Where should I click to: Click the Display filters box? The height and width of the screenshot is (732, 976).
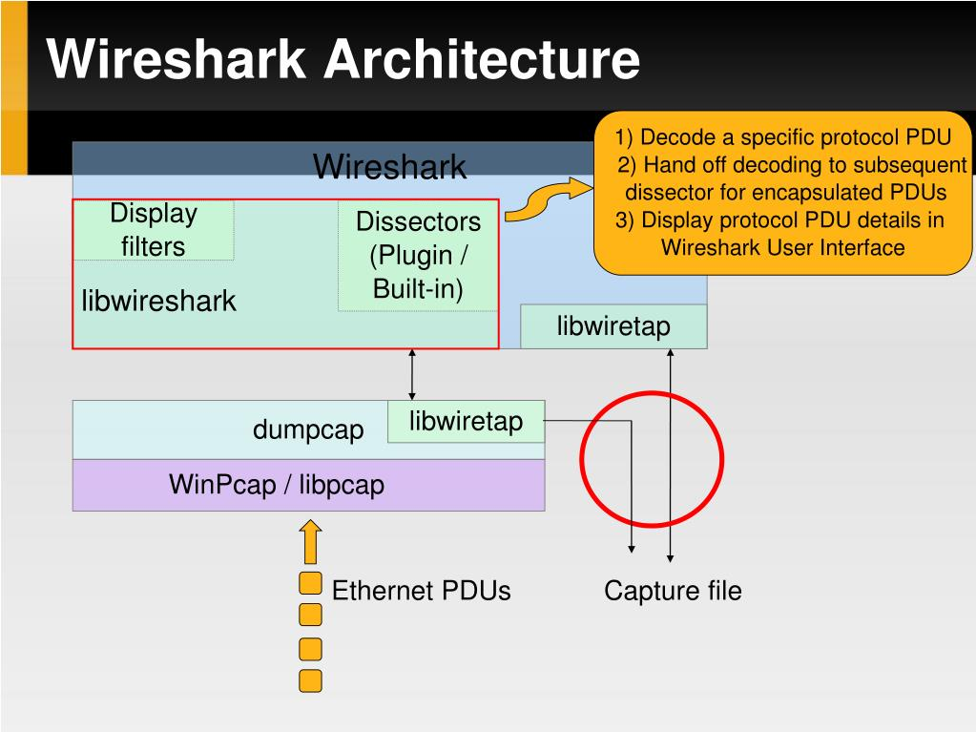click(153, 230)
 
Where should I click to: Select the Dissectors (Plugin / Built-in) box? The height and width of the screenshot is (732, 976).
click(418, 256)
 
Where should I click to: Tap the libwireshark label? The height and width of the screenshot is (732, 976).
click(158, 302)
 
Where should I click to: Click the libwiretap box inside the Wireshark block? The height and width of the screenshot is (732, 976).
click(613, 326)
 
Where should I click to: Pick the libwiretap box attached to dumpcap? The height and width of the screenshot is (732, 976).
click(466, 422)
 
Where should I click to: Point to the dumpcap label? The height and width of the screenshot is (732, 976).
click(308, 429)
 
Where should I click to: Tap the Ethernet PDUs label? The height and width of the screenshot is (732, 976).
click(421, 591)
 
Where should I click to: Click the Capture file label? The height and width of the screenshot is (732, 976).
click(673, 591)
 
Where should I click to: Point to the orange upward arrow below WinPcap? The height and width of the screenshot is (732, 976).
click(310, 542)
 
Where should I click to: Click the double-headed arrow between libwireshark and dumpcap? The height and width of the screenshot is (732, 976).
click(412, 374)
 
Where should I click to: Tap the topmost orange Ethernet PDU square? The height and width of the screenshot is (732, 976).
click(310, 583)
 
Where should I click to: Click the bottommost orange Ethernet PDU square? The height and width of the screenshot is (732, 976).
click(310, 680)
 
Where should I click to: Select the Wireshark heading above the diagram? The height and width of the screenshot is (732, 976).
click(390, 167)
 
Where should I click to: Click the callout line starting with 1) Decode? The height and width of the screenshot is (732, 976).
click(782, 137)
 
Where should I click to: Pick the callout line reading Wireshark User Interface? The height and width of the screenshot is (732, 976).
click(782, 247)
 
